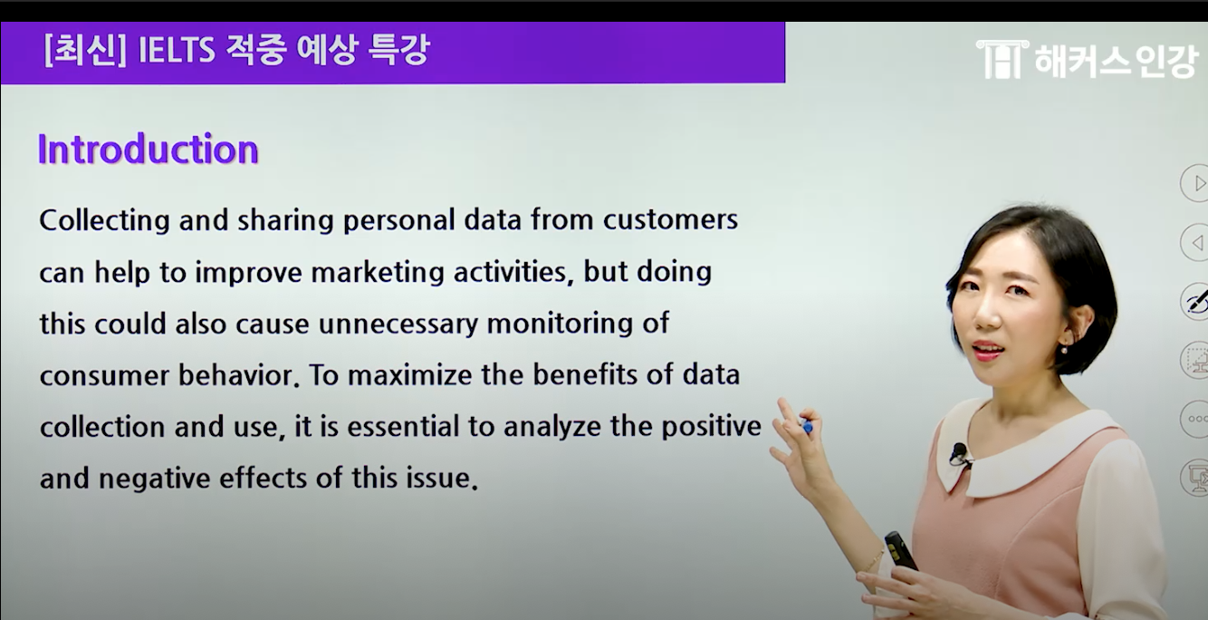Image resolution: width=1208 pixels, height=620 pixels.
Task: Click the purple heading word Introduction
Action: pos(149,149)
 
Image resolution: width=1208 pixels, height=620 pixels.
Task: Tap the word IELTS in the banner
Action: pos(177,52)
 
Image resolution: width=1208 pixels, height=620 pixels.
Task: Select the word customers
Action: pos(670,220)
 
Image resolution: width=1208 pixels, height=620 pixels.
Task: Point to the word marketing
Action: pos(378,273)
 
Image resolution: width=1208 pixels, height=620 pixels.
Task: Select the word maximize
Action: pos(410,375)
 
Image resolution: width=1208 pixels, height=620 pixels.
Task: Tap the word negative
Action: pos(154,480)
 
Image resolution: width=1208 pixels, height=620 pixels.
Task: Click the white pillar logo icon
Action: pos(1002,59)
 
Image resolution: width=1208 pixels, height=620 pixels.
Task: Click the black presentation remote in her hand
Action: pos(901,550)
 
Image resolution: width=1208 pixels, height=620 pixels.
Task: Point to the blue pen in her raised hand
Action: pos(807,426)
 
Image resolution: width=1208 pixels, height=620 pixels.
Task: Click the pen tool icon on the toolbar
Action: pos(1195,301)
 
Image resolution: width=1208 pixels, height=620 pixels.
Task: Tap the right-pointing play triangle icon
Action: pos(1196,183)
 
